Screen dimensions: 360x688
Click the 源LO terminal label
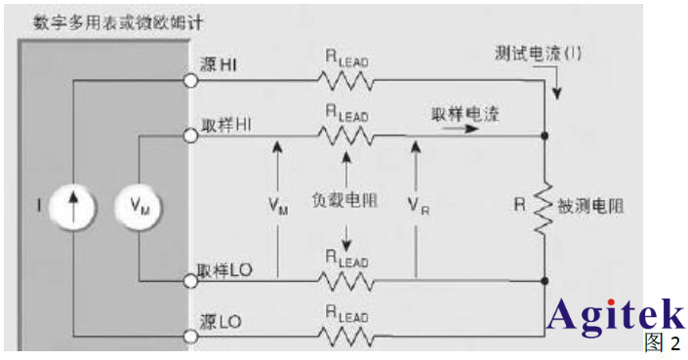pyautogui.click(x=220, y=320)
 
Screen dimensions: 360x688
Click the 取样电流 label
pyautogui.click(x=465, y=113)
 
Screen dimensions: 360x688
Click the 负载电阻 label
pyautogui.click(x=345, y=202)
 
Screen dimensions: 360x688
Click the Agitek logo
pyautogui.click(x=615, y=314)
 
